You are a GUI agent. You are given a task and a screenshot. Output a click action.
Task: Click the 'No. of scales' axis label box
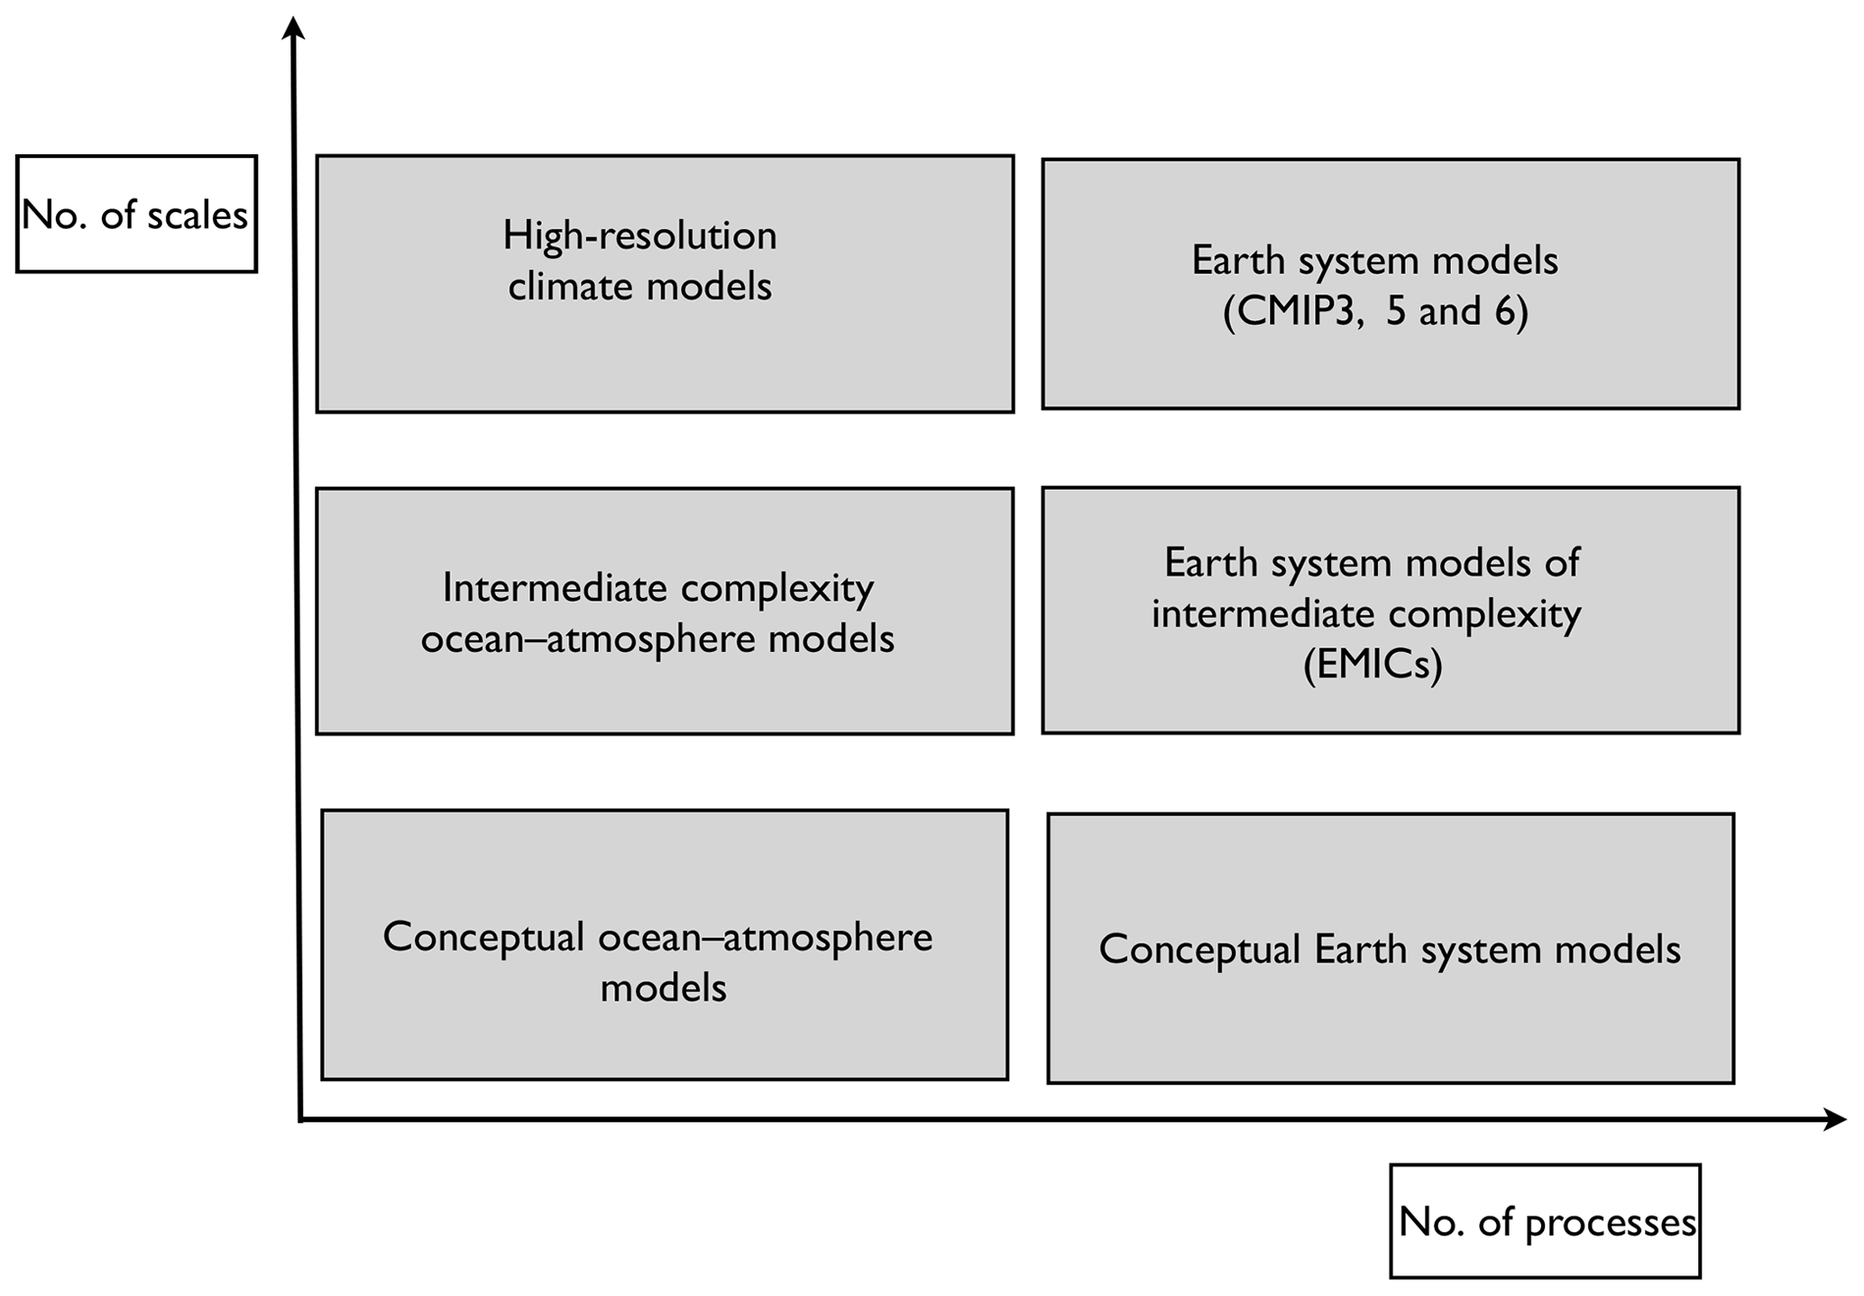pyautogui.click(x=136, y=214)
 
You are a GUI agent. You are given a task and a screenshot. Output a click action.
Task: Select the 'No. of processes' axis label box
pyautogui.click(x=1545, y=1221)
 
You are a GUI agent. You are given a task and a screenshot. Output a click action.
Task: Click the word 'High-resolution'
pyautogui.click(x=639, y=236)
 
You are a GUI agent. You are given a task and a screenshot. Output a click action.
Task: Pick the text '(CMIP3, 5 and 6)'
pyautogui.click(x=1375, y=312)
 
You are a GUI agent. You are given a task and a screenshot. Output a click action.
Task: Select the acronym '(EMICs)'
pyautogui.click(x=1373, y=665)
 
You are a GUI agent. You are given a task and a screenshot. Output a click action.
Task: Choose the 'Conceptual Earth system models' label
pyautogui.click(x=1390, y=950)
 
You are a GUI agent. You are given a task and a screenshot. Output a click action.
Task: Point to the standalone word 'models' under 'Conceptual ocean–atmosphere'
pyautogui.click(x=663, y=988)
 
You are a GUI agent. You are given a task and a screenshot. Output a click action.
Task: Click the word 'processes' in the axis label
pyautogui.click(x=1611, y=1222)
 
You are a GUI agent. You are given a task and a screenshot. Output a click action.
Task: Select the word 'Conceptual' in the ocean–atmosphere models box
pyautogui.click(x=483, y=937)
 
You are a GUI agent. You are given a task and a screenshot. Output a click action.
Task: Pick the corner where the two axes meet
pyautogui.click(x=299, y=1120)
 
